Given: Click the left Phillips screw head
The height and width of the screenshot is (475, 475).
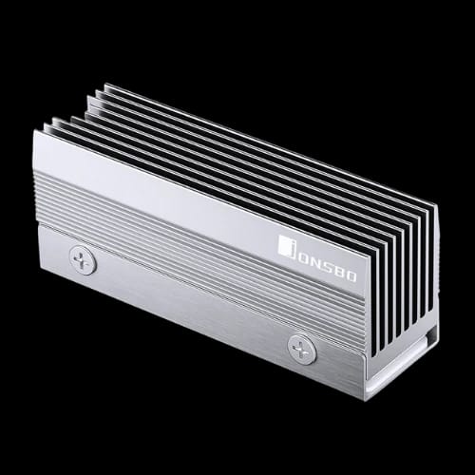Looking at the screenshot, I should click(x=83, y=259).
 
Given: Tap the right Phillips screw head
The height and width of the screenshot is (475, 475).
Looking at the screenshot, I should click(x=302, y=349).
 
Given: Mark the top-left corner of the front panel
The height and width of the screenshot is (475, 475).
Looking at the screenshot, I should click(x=34, y=131).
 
